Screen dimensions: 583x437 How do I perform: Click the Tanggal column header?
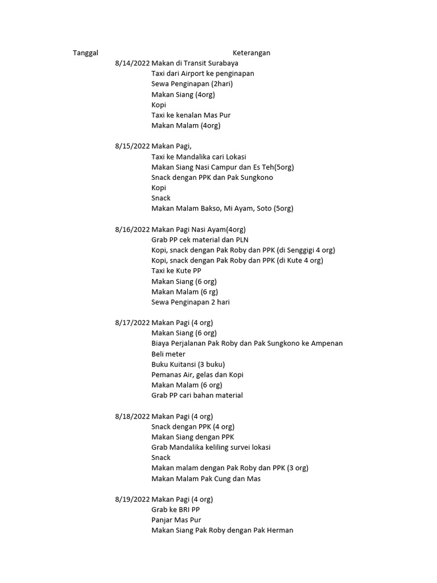85,53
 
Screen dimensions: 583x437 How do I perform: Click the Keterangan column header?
251,53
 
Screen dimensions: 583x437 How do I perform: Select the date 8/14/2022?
132,63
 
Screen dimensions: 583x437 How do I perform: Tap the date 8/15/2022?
132,146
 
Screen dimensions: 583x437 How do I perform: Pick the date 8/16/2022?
132,229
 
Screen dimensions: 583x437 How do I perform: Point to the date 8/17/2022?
132,323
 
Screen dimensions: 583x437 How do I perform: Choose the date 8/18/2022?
132,416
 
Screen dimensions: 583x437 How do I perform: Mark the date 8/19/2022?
132,499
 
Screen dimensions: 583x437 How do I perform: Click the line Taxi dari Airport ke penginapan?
203,73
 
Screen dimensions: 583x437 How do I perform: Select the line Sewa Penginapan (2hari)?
192,84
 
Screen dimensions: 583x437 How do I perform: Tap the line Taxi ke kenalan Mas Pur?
191,115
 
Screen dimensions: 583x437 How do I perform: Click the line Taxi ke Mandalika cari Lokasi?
199,157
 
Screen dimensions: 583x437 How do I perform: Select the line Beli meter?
168,354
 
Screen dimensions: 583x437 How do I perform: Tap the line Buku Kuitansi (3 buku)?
188,364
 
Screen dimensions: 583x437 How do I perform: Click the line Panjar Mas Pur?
176,520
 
